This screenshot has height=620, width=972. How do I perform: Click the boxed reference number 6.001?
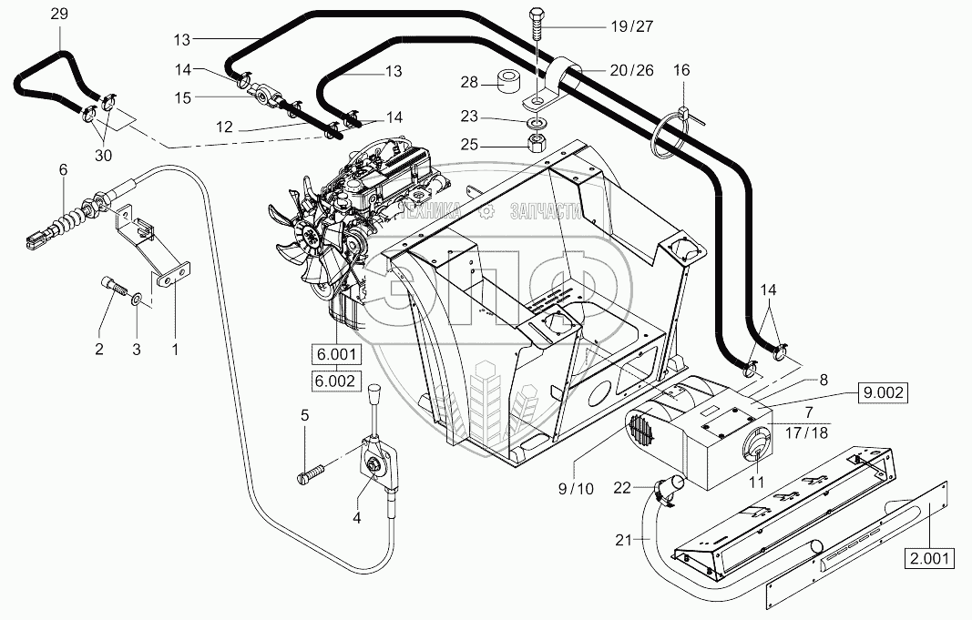[x=337, y=355]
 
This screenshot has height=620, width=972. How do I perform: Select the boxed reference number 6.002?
[x=337, y=381]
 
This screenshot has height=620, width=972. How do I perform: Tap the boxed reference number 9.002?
[x=883, y=392]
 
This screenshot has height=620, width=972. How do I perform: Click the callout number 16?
[x=682, y=70]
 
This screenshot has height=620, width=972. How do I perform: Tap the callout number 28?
[x=470, y=83]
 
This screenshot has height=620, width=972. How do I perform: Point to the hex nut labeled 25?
[x=537, y=142]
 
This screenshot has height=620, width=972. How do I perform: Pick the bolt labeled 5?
[x=312, y=473]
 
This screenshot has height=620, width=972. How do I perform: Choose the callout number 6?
[x=63, y=168]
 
